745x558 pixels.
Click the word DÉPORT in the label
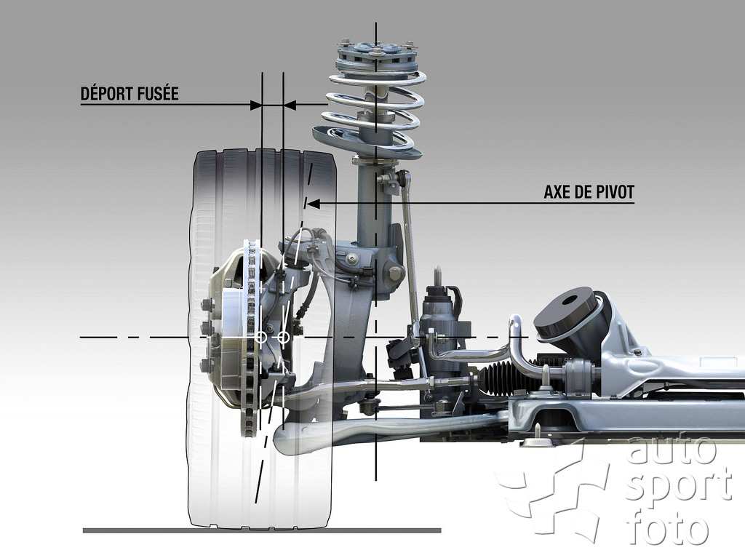pyautogui.click(x=106, y=93)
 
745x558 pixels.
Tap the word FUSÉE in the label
pyautogui.click(x=158, y=93)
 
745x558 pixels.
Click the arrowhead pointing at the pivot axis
pyautogui.click(x=313, y=204)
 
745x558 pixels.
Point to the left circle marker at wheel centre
pyautogui.click(x=261, y=338)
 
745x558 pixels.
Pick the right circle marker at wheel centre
pyautogui.click(x=283, y=338)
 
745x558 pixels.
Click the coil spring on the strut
pyautogui.click(x=370, y=114)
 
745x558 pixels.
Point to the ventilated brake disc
pyautogui.click(x=252, y=338)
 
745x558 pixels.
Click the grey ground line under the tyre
pyautogui.click(x=262, y=530)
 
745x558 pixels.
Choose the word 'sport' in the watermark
pyautogui.click(x=678, y=487)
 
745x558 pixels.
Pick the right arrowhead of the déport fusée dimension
pyautogui.click(x=290, y=105)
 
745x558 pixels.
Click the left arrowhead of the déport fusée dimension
pyautogui.click(x=255, y=105)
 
